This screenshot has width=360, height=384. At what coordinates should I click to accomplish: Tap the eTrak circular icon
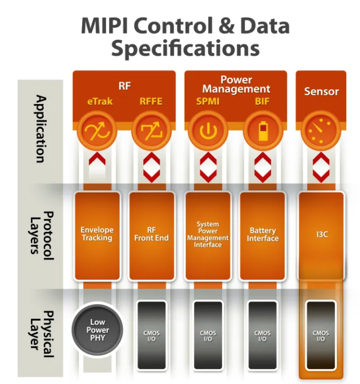(98, 131)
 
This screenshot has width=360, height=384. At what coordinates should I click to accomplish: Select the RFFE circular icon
(151, 131)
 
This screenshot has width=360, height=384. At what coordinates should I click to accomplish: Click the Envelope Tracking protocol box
(98, 235)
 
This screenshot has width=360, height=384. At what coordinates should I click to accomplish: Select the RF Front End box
(151, 235)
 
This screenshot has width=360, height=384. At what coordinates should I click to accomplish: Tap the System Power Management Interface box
(208, 235)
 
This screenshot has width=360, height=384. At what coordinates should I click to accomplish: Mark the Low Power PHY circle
(98, 329)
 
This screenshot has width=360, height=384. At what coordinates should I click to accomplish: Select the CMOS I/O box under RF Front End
(151, 335)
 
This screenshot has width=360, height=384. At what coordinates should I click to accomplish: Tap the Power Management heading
(235, 84)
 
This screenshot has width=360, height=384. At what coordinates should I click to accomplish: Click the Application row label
(40, 129)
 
